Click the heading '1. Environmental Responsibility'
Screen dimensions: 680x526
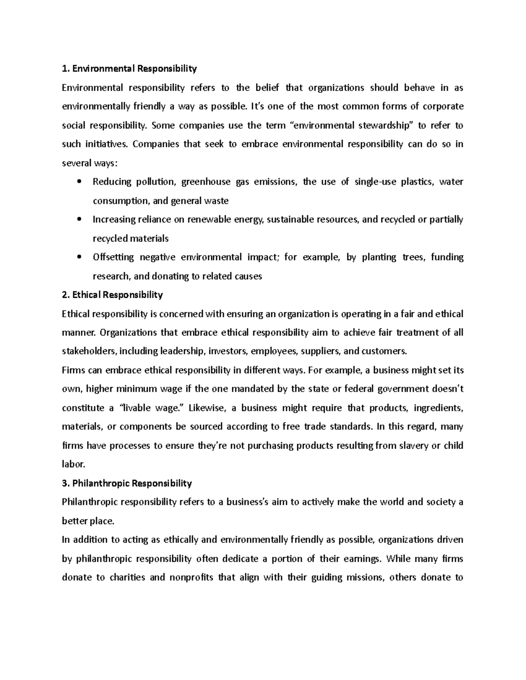tap(129, 69)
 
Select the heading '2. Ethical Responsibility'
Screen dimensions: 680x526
tap(112, 295)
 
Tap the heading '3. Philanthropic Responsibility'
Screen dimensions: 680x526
tap(127, 483)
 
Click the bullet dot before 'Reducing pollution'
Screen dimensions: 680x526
tap(79, 182)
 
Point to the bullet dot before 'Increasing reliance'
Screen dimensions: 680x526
tap(79, 219)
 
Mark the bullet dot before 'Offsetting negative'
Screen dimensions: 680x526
tap(79, 257)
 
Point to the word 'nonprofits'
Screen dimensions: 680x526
tap(190, 577)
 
